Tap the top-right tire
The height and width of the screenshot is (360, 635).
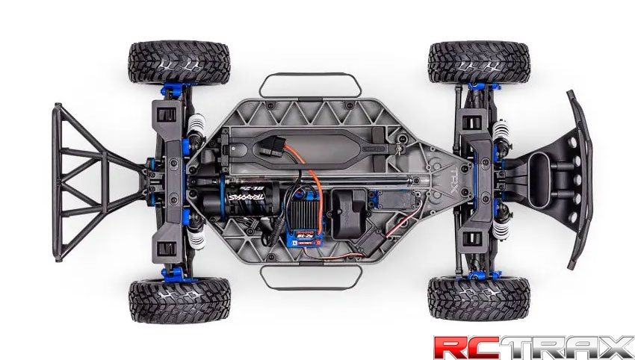click(480, 63)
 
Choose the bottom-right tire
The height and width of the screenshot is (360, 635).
click(478, 297)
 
